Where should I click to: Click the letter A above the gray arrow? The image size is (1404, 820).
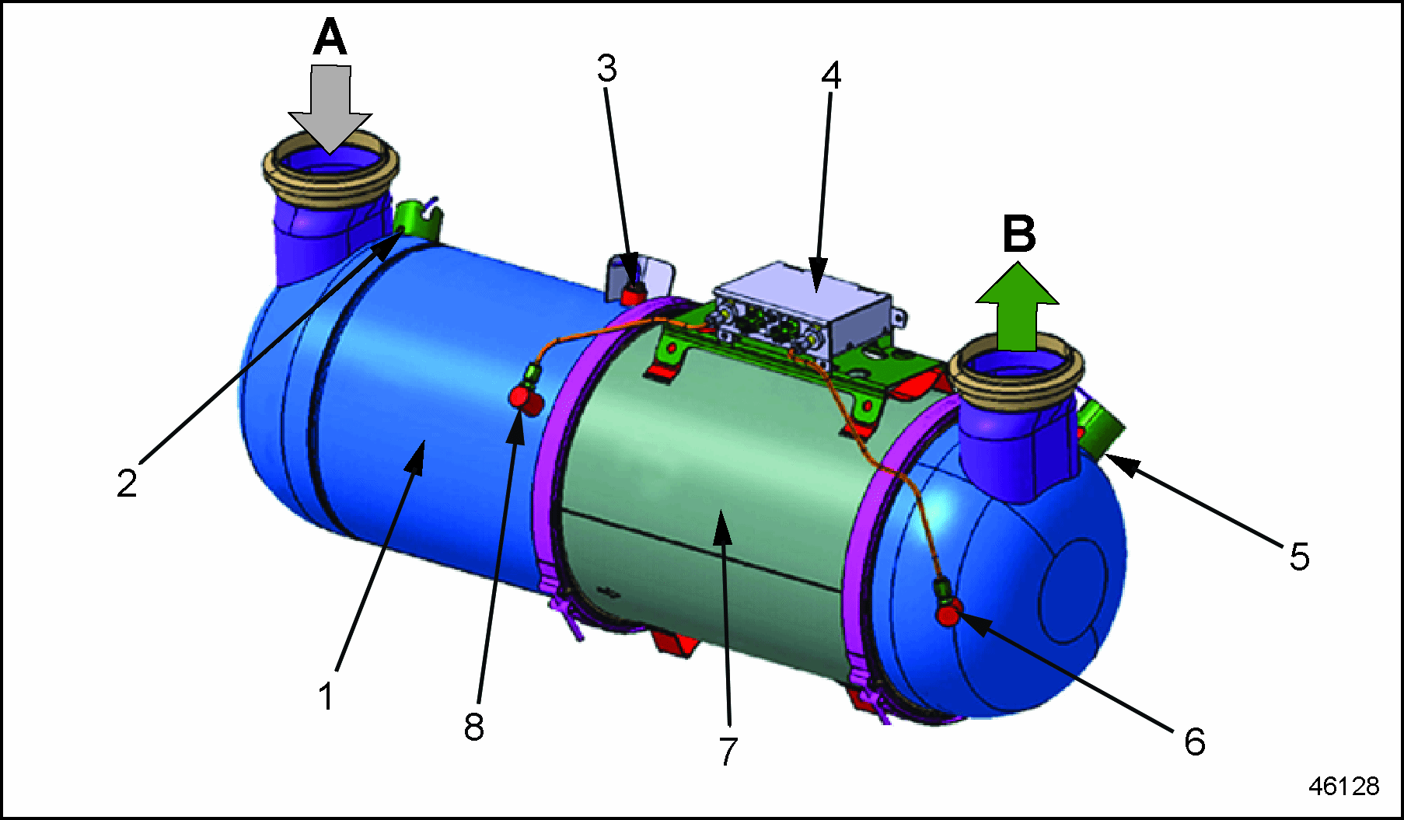pos(330,38)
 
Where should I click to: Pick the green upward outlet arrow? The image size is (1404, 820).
pos(1017,307)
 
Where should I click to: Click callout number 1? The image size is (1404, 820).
pos(327,696)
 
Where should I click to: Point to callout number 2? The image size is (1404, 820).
pos(127,483)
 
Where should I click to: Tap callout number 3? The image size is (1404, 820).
pos(606,68)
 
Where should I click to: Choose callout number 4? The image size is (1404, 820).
pos(831,75)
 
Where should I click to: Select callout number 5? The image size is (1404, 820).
pos(1299,557)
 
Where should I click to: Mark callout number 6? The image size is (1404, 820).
pos(1194,741)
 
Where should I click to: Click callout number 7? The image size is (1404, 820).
pos(728,751)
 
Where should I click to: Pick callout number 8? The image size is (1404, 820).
pos(473,727)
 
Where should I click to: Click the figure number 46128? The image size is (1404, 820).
pos(1343,786)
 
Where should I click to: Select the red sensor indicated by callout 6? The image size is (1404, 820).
pos(949,615)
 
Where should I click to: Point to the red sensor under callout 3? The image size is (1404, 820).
pos(633,294)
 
